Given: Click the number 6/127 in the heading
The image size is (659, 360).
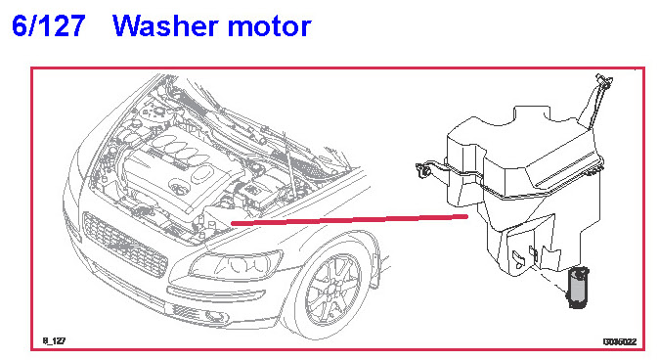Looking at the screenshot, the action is click(x=48, y=26).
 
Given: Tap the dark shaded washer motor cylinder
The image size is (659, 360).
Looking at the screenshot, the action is click(x=578, y=288).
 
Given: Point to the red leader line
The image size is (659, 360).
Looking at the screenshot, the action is click(x=349, y=220).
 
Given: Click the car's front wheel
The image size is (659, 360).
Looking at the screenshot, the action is click(x=332, y=291).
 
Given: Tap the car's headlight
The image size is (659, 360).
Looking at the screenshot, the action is click(x=236, y=265).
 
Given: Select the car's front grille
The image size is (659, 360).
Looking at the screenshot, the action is click(x=125, y=245).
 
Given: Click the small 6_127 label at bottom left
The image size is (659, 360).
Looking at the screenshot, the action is click(x=54, y=340).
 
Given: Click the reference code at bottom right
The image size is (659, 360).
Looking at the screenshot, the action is click(x=620, y=341).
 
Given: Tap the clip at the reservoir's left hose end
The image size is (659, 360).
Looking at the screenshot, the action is click(x=422, y=170).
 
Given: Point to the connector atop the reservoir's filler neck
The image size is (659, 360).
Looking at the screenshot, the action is click(x=604, y=81).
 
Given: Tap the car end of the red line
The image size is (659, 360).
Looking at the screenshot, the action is click(x=232, y=223).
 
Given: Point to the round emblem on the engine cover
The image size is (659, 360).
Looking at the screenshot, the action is click(x=180, y=188).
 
